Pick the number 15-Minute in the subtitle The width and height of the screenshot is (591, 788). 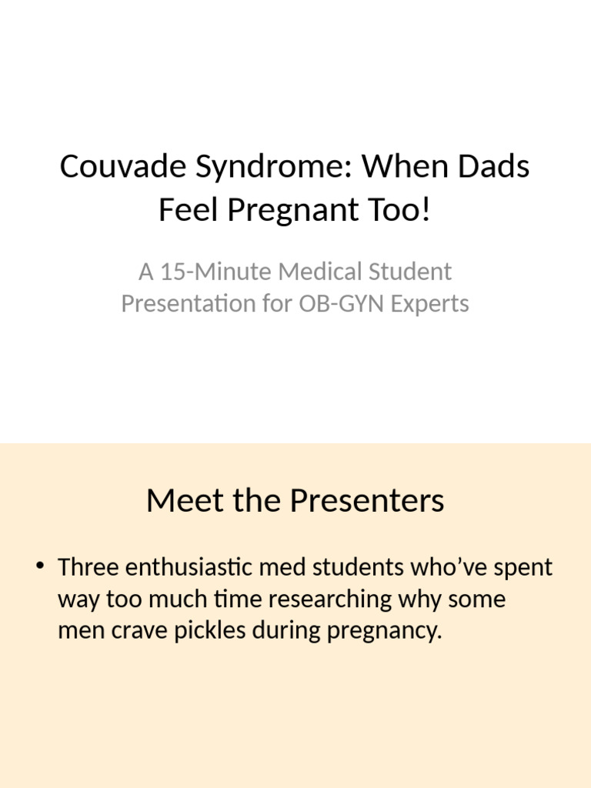(x=205, y=272)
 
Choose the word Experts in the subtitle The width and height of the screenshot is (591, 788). (x=429, y=303)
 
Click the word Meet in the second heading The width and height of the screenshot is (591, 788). (x=178, y=501)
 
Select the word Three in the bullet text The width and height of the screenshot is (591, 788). (x=88, y=568)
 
